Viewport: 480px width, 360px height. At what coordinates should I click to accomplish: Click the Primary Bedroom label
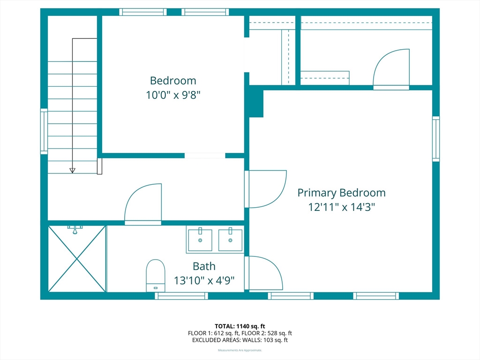click(x=341, y=193)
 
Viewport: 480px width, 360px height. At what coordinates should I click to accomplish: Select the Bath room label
click(x=204, y=266)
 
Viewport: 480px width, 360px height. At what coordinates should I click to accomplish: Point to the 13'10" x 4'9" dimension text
click(x=204, y=281)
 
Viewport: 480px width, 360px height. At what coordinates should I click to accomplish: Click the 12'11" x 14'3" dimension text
click(x=341, y=207)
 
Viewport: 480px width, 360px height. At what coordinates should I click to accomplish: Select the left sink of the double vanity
click(x=200, y=240)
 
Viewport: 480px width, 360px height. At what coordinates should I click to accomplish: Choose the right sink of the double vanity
click(x=230, y=240)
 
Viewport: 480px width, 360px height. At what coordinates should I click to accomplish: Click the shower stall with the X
click(x=77, y=259)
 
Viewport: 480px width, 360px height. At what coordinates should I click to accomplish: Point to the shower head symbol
click(x=75, y=229)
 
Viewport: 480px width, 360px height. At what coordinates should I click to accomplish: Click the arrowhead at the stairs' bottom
click(x=72, y=170)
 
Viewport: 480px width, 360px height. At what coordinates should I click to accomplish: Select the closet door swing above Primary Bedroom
click(x=391, y=68)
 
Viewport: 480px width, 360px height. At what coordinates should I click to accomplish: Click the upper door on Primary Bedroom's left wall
click(x=266, y=188)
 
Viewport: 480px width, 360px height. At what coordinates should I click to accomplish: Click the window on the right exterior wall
click(x=436, y=139)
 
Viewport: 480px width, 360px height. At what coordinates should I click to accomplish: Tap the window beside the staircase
click(x=44, y=131)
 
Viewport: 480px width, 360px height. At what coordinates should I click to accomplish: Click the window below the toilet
click(x=181, y=296)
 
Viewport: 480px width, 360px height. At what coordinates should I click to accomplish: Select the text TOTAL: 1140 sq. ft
click(x=240, y=326)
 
